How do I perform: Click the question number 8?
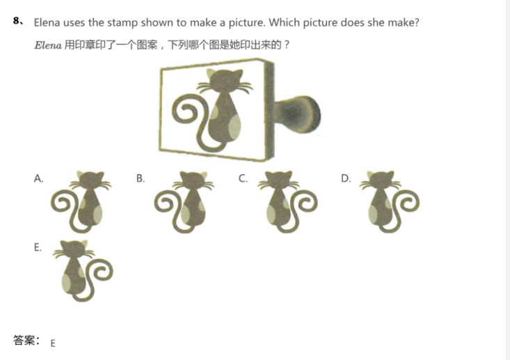pos(16,20)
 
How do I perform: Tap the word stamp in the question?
pos(122,23)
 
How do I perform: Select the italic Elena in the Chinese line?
pos(48,45)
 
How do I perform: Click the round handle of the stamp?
pos(298,114)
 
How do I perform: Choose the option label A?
pos(38,178)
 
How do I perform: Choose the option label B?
pos(140,178)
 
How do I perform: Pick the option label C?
pos(243,178)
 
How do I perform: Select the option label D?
pos(346,178)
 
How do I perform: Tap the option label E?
pos(38,247)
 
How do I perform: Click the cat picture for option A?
pos(81,202)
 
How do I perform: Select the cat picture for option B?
pos(184,202)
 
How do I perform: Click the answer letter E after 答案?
pos(53,343)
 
